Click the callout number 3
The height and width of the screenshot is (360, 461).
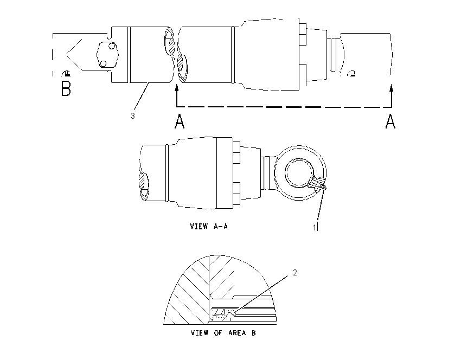click(132, 116)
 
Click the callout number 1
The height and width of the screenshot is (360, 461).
click(314, 227)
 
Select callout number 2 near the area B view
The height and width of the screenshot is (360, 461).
click(295, 273)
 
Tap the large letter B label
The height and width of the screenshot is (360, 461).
click(66, 88)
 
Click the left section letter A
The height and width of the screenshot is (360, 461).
click(180, 121)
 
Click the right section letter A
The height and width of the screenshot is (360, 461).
click(390, 121)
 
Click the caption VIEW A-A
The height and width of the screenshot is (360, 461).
click(209, 226)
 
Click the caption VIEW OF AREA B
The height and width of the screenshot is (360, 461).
click(223, 333)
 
